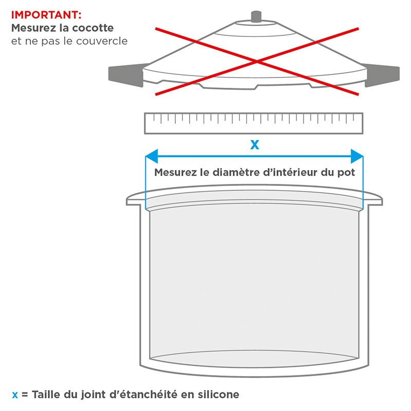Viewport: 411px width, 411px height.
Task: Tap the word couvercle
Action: (102, 41)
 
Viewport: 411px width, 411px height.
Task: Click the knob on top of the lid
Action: (256, 17)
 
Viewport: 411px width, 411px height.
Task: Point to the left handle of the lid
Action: (126, 75)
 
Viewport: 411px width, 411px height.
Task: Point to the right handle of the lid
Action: (382, 75)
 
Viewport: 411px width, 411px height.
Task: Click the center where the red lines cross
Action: (257, 62)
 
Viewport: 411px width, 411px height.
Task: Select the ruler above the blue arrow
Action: (253, 123)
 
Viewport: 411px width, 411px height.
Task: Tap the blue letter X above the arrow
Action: (255, 145)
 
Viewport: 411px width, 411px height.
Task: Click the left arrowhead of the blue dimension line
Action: (152, 156)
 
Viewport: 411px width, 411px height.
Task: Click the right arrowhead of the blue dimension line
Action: (357, 156)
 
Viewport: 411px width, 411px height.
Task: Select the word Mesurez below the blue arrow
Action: (175, 173)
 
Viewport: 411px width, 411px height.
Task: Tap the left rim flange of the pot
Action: (136, 200)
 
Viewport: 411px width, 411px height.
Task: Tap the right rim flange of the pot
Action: (373, 200)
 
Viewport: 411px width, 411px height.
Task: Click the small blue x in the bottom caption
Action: (15, 395)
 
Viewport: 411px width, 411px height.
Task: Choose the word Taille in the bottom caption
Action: (46, 395)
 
